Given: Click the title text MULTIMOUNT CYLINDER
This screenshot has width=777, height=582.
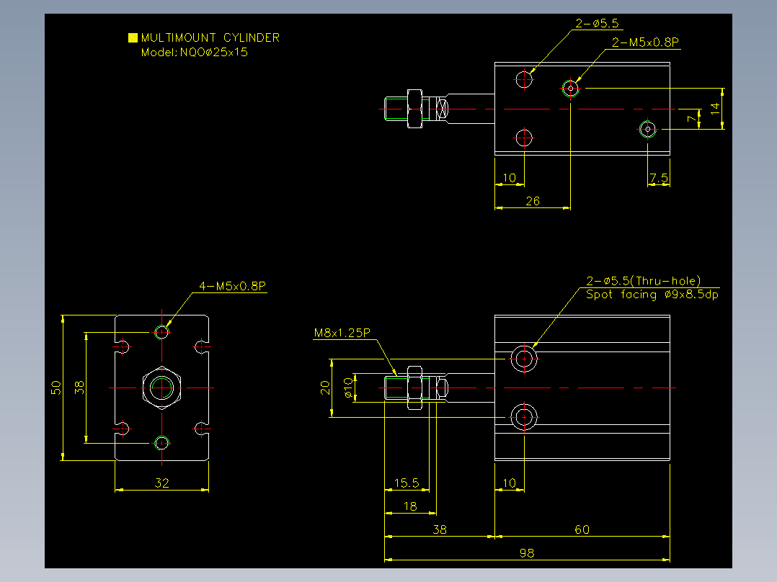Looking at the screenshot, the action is tap(210, 37).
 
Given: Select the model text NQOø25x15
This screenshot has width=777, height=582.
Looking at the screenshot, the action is tap(213, 52).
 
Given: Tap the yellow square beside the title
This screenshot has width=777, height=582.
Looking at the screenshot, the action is tap(133, 37).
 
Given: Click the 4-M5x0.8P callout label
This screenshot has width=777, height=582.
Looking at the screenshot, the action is tap(232, 286).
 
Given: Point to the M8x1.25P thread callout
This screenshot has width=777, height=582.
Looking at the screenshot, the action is tap(342, 333).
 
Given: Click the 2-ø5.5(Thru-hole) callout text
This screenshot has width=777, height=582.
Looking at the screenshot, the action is tap(643, 281).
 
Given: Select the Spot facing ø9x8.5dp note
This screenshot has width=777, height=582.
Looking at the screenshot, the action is tap(652, 295).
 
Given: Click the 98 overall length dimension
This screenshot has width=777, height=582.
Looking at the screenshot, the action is tap(527, 552).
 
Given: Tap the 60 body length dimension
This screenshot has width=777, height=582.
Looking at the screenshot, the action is tap(582, 529).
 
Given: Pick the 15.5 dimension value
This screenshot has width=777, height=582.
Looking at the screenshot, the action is tap(407, 483).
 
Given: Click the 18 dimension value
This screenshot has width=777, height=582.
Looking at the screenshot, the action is tap(410, 506).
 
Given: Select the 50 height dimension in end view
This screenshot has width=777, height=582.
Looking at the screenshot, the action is tap(56, 388).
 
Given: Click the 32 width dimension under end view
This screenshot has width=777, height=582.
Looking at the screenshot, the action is tap(162, 483).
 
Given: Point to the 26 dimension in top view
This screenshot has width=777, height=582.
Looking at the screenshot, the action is tap(533, 201).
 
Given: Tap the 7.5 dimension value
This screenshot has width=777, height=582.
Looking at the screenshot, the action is tap(659, 178).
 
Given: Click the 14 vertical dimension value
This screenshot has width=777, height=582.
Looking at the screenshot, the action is tap(714, 109).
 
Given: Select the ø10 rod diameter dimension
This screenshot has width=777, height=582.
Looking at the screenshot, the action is tap(348, 388).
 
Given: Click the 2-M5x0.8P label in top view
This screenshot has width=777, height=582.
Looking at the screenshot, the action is tap(645, 42).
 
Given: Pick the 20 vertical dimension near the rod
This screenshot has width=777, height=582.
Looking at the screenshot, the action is tap(325, 388).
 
